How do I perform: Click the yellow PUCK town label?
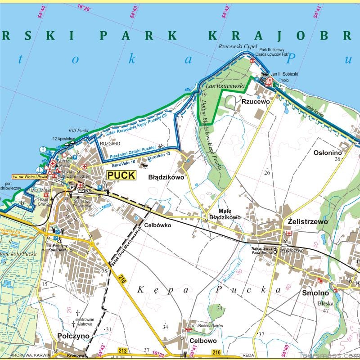point(121,175)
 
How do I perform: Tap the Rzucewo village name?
point(255,102)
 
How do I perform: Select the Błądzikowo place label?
point(166,177)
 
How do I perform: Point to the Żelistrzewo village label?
point(307,222)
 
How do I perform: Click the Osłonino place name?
point(328,153)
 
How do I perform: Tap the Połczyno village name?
point(73,336)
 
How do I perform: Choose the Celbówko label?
point(157,225)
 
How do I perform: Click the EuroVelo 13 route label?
point(159,155)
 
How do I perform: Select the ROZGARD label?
point(110,144)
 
